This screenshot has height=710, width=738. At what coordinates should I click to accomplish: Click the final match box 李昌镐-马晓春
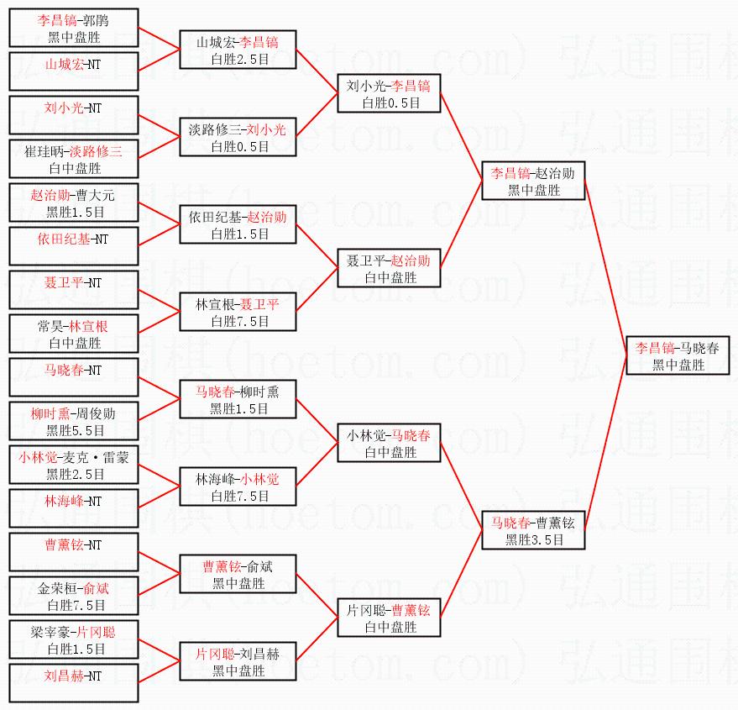[678, 355]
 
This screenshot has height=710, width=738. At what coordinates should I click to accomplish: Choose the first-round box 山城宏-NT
[73, 71]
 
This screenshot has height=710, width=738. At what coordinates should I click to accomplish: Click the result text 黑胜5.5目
[74, 431]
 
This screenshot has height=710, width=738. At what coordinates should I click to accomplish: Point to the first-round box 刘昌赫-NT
[73, 682]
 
